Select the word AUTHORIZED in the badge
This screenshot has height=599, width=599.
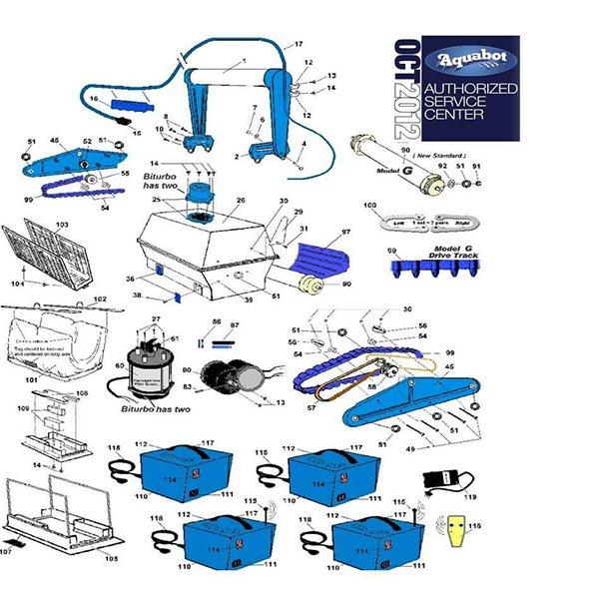point(471,89)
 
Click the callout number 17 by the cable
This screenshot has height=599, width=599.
point(298,45)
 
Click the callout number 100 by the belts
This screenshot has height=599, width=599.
point(370,206)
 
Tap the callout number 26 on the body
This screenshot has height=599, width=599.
point(241,200)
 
